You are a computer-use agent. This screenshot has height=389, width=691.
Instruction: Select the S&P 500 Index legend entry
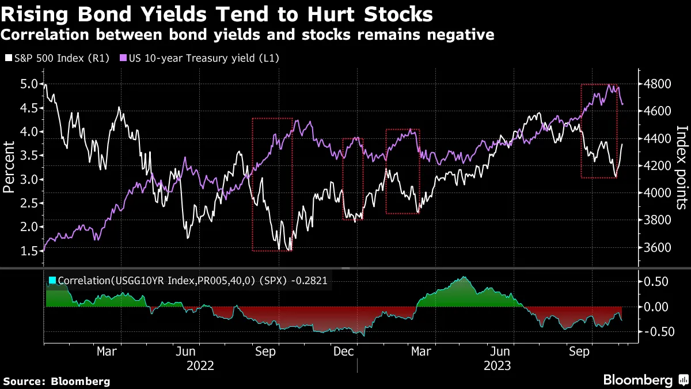coord(58,58)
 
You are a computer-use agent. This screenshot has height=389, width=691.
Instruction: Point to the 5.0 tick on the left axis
coord(30,84)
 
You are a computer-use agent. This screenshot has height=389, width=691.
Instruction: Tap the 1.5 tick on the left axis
coord(30,251)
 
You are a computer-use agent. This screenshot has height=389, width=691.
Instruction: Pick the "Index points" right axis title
coord(682,167)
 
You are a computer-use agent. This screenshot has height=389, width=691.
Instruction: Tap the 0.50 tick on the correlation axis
coord(655,282)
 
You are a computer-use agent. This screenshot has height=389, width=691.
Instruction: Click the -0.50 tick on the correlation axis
coord(655,331)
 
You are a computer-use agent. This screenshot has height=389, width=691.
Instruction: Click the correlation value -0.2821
coord(313,281)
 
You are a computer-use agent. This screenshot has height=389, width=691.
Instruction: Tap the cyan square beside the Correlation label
coord(52,281)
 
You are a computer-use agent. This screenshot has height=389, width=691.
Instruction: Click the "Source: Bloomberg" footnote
coord(56,381)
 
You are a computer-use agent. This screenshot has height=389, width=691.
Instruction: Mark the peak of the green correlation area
coord(464,277)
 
